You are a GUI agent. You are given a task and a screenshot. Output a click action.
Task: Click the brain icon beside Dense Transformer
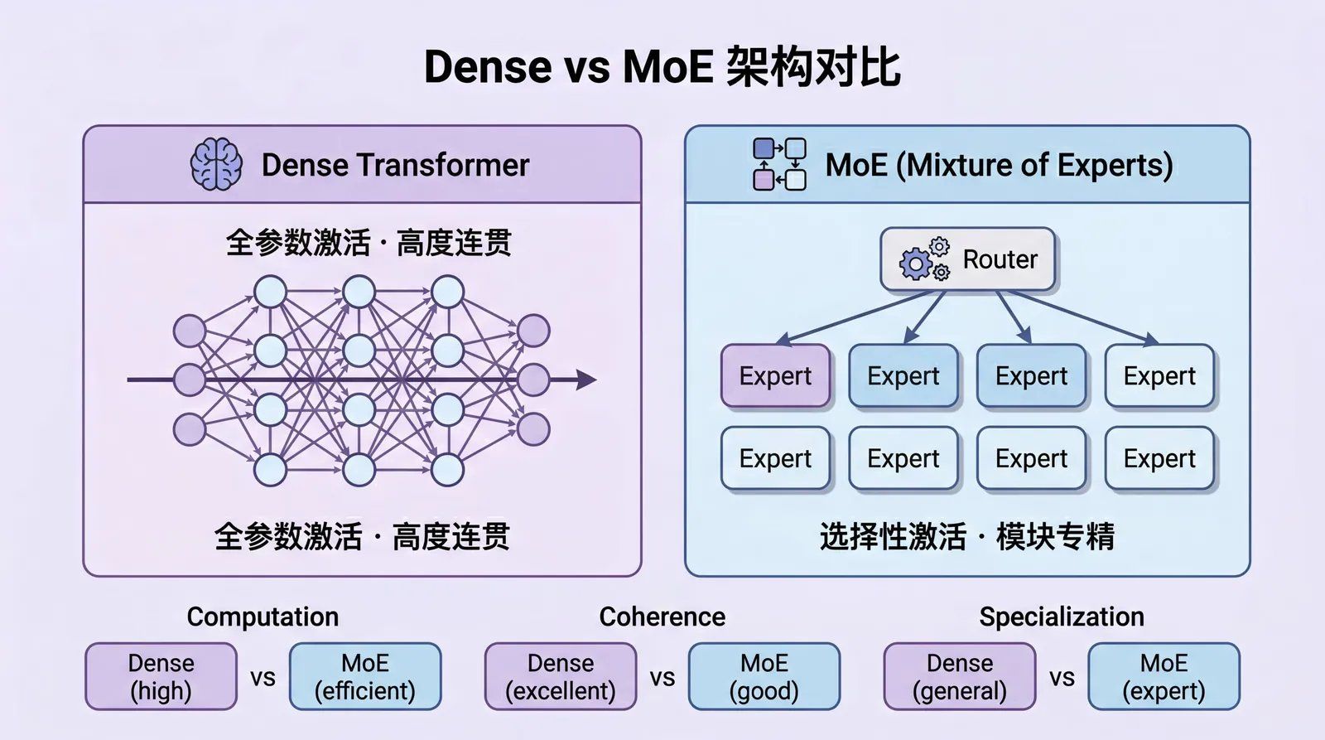coord(216,164)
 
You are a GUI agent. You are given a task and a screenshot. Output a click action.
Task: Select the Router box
coord(967,259)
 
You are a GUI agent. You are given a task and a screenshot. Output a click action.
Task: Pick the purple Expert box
coord(775,376)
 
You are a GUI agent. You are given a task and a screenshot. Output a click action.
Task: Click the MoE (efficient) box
coord(365,676)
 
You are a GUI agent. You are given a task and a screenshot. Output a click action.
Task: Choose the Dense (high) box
coord(161,676)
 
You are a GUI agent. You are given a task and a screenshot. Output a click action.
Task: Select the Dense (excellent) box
coord(561,676)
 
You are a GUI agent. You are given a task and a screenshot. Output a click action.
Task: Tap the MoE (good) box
coord(764,676)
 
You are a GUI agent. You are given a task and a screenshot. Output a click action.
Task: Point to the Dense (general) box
coord(960,676)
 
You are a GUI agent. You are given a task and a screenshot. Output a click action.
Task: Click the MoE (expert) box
coord(1164,676)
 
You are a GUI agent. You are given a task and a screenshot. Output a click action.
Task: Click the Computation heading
coord(263,617)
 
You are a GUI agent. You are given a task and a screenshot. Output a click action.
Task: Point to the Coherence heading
coord(662,617)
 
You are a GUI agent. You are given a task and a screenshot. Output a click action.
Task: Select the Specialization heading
coord(1062,617)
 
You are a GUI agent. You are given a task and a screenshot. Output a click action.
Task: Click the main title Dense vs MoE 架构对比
coord(662,67)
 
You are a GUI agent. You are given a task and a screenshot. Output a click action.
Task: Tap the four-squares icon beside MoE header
coord(779,164)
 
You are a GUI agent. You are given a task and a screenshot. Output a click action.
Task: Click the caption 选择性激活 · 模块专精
coord(967,537)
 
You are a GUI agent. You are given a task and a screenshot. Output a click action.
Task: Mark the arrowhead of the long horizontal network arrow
coord(586,380)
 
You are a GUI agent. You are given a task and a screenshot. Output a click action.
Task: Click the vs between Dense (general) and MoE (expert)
coord(1062,678)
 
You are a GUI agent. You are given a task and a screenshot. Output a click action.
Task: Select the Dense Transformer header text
coord(395,165)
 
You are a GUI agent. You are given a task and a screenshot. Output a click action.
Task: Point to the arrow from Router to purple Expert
coord(853,317)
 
